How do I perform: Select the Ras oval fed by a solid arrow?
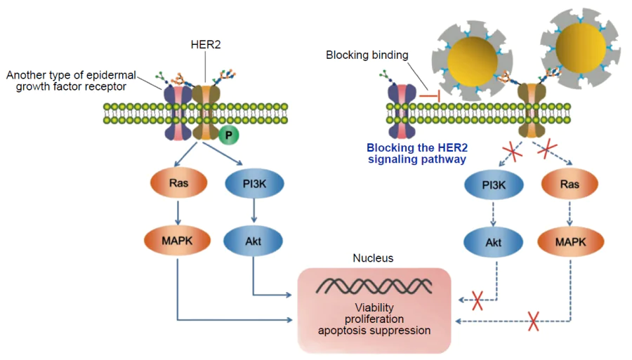click(178, 184)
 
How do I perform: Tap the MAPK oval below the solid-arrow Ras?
click(178, 240)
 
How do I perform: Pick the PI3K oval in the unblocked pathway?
click(254, 184)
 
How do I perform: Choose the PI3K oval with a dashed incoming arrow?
click(494, 185)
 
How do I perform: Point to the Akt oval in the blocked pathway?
click(494, 242)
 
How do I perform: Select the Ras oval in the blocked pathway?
click(570, 185)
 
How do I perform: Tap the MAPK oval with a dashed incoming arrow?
click(570, 242)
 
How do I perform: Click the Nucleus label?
click(373, 258)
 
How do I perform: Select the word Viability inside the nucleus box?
click(374, 307)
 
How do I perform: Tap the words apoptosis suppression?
click(374, 330)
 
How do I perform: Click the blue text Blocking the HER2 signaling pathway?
click(416, 153)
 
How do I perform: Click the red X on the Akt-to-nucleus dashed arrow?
click(478, 301)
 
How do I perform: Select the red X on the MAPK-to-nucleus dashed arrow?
click(534, 322)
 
